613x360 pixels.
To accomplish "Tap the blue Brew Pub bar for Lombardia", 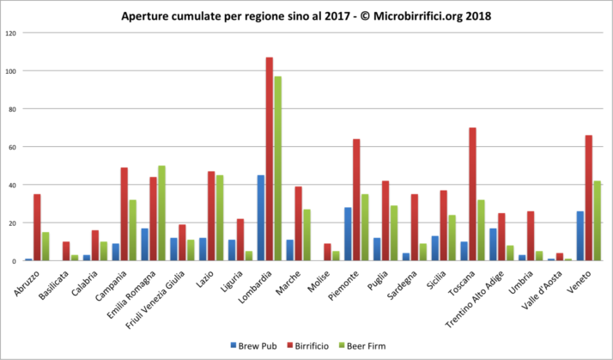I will click(x=260, y=218).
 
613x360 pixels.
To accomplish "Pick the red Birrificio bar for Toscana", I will click(x=472, y=194).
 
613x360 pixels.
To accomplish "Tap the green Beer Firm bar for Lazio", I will click(x=220, y=218).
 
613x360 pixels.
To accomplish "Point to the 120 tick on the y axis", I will click(x=11, y=33).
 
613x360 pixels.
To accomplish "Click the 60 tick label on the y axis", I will click(x=13, y=147).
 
